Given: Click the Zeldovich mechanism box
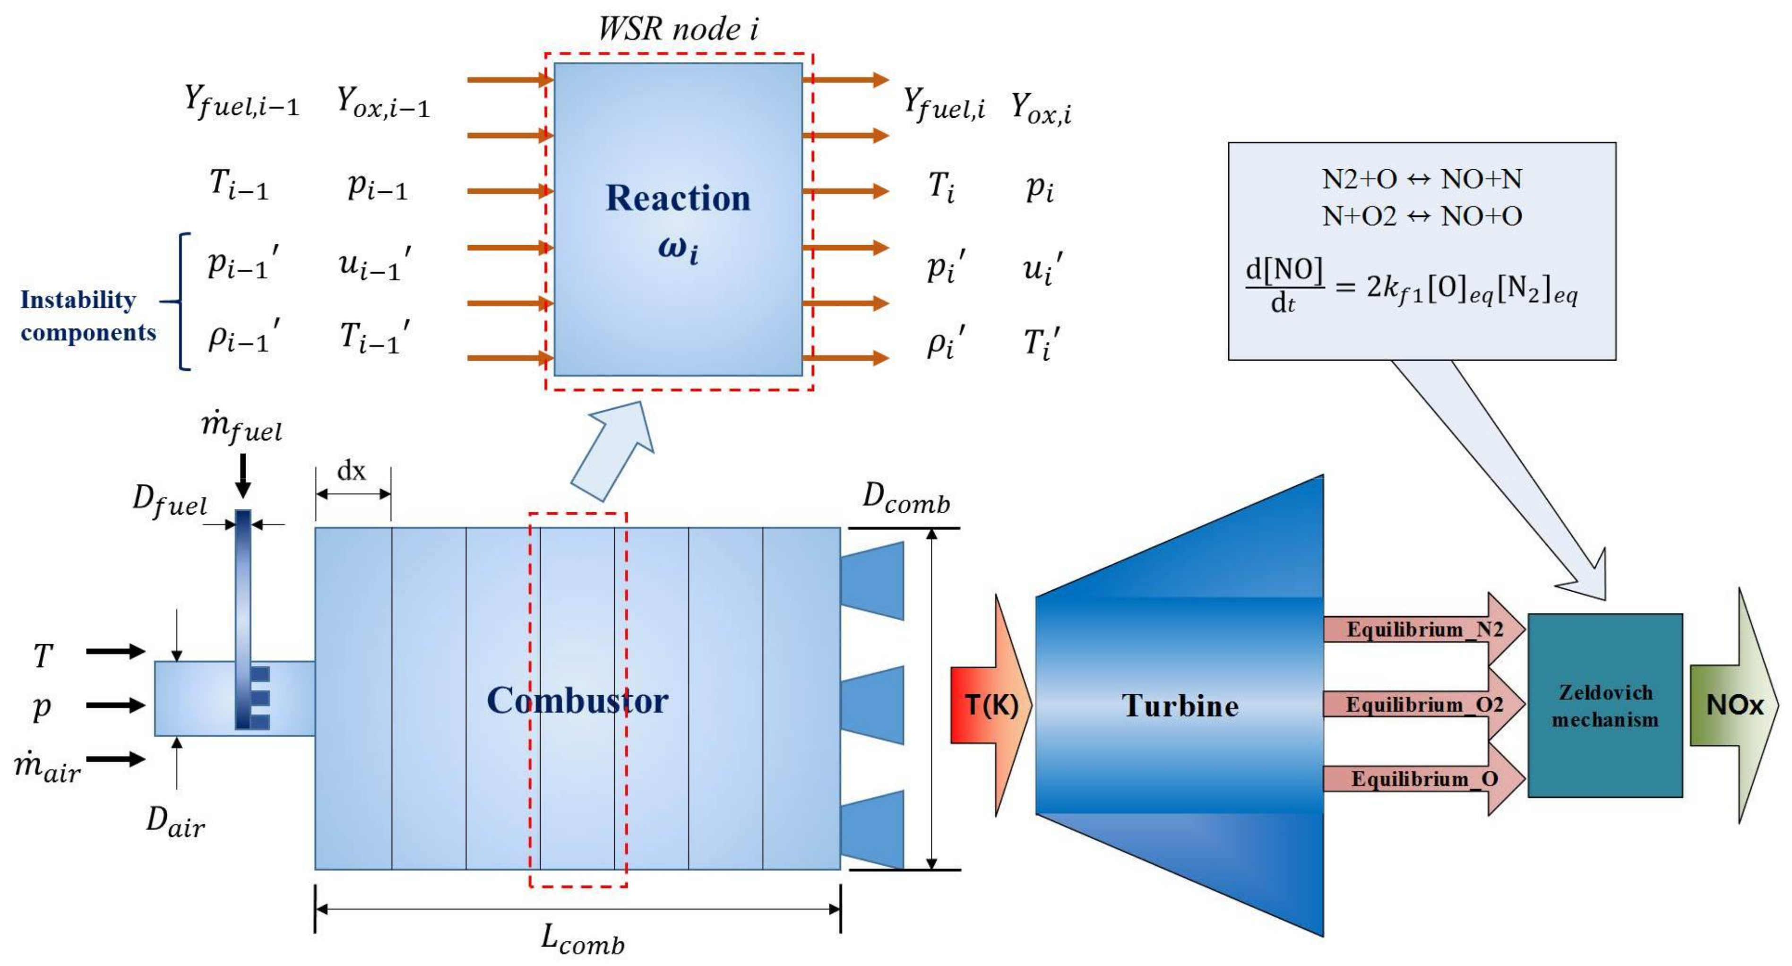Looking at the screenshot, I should coord(1604,705).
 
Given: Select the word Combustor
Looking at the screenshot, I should coord(577,700).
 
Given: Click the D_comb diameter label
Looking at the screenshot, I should coord(906,499).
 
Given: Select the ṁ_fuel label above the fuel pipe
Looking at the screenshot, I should coord(242,426).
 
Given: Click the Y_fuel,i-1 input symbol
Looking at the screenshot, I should coord(241,103).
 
